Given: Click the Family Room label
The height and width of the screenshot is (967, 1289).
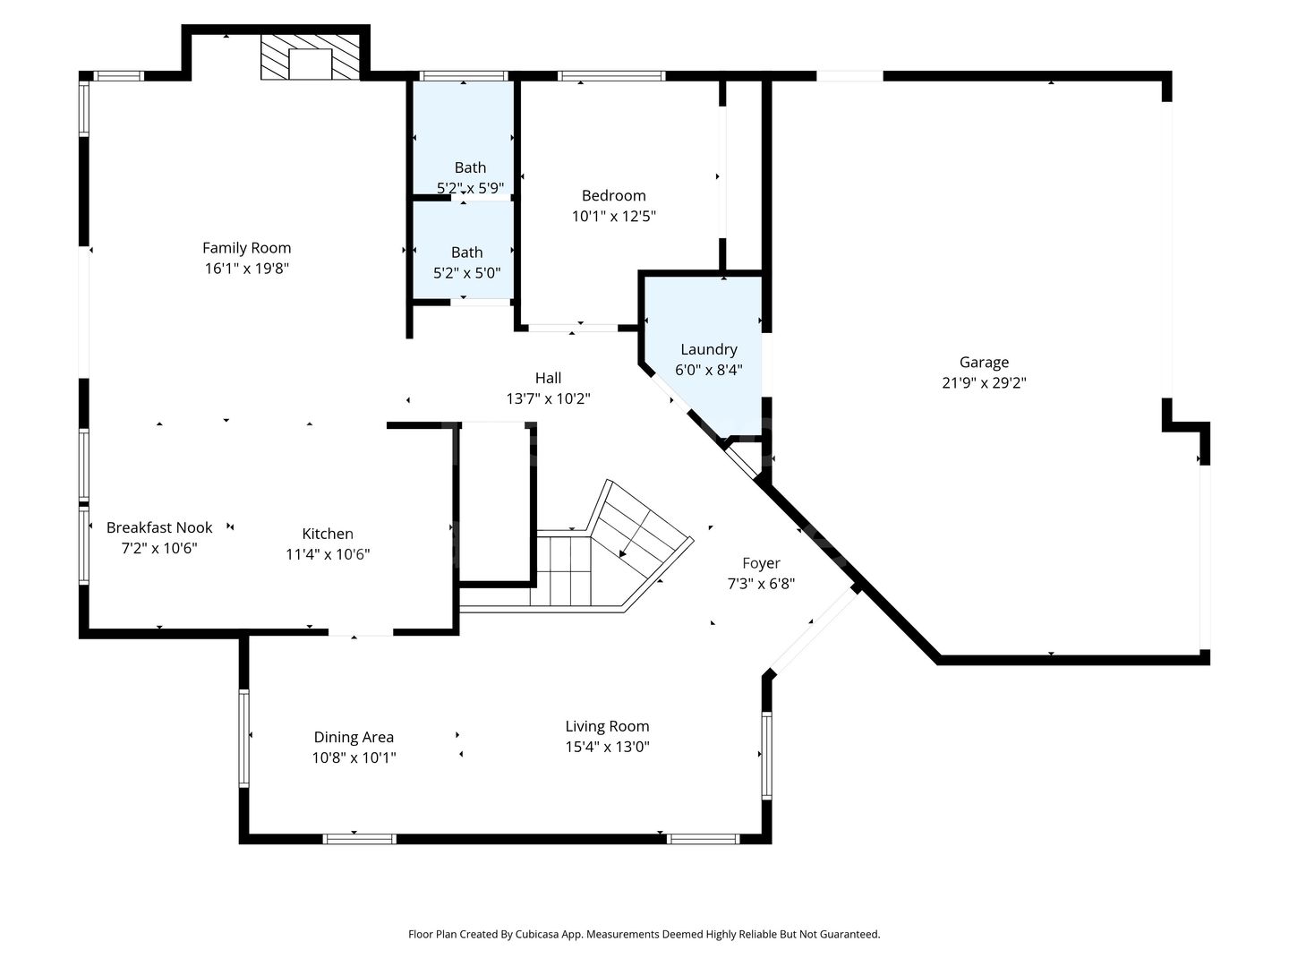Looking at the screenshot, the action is click(x=247, y=248).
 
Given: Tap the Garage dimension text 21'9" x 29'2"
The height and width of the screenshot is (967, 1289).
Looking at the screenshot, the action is click(x=985, y=383).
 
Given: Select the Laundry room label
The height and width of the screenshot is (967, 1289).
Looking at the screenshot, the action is click(x=709, y=349).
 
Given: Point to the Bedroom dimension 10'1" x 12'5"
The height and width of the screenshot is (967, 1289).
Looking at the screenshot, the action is click(x=614, y=216).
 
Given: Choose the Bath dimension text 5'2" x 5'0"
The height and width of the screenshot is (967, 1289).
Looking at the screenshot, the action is click(x=467, y=272).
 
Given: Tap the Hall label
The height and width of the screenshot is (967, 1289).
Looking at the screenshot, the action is click(x=548, y=378).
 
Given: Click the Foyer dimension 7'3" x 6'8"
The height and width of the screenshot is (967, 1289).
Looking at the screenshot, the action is click(x=761, y=584).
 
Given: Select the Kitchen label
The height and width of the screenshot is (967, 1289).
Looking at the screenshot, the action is click(x=328, y=534).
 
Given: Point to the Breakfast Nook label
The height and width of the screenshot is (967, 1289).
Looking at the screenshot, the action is click(x=159, y=527).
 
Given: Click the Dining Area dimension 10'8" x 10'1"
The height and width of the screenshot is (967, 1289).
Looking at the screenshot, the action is click(x=354, y=757).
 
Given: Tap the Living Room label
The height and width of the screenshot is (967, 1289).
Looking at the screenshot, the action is click(x=607, y=726).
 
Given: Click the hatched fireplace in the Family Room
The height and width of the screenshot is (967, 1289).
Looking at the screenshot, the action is click(x=310, y=57).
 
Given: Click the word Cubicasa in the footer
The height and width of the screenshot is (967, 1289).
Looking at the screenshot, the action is click(x=537, y=934).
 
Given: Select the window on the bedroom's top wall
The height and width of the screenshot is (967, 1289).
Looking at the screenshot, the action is click(x=611, y=76).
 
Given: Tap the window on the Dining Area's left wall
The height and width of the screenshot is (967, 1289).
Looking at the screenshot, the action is click(x=243, y=738).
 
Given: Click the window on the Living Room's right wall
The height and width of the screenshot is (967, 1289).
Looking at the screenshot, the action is click(x=766, y=756).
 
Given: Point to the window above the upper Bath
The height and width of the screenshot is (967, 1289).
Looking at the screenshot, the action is click(x=464, y=76).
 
